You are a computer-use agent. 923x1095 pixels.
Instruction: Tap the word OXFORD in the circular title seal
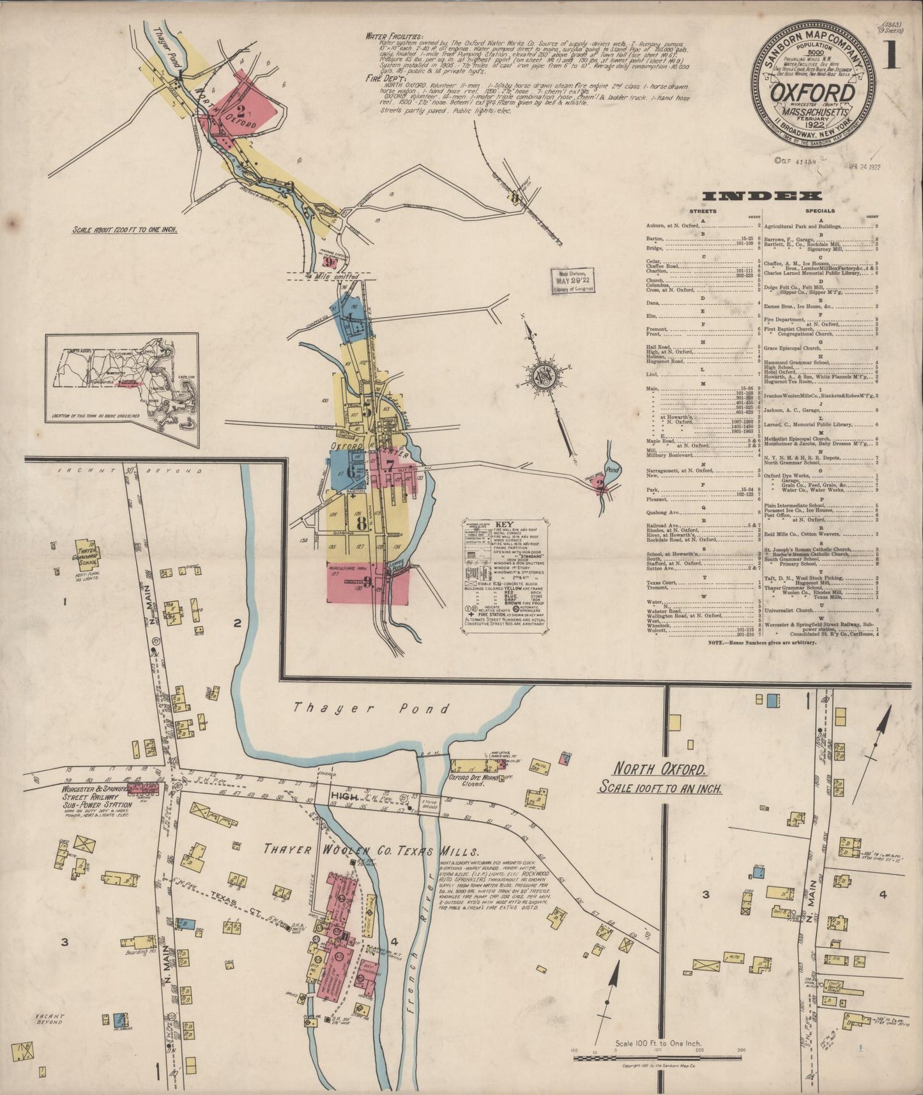(812, 94)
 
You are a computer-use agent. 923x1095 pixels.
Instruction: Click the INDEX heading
(760, 196)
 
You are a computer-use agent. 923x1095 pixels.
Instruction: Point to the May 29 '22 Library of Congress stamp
(574, 280)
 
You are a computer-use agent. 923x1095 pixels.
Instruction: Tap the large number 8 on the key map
(362, 524)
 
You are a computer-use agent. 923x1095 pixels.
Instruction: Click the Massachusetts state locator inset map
(121, 389)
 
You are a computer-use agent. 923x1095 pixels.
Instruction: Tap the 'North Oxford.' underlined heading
(659, 769)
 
